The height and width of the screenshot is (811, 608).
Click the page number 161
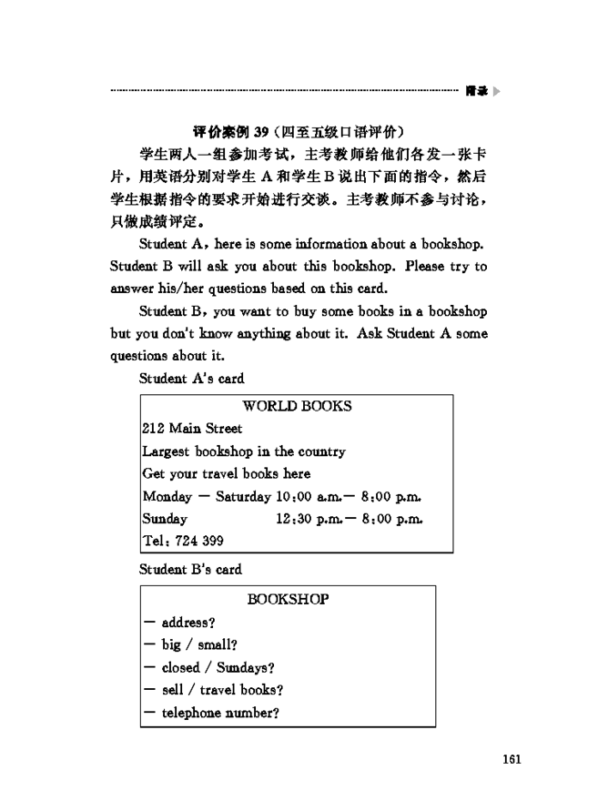[x=509, y=761]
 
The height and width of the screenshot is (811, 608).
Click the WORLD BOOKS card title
[x=297, y=406]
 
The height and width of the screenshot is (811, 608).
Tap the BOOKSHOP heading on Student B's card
[x=288, y=599]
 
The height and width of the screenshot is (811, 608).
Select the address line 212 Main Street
[x=192, y=429]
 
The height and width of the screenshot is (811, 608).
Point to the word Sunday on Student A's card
[x=165, y=518]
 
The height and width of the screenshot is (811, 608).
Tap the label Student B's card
[x=190, y=570]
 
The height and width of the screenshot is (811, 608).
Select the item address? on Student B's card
[x=187, y=623]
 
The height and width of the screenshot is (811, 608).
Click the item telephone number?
[x=219, y=713]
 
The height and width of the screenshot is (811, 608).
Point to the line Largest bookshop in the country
[x=244, y=451]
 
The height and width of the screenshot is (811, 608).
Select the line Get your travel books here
[x=226, y=473]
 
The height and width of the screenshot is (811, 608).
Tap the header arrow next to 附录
[x=495, y=91]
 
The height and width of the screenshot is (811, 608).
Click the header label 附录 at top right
[x=476, y=91]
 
